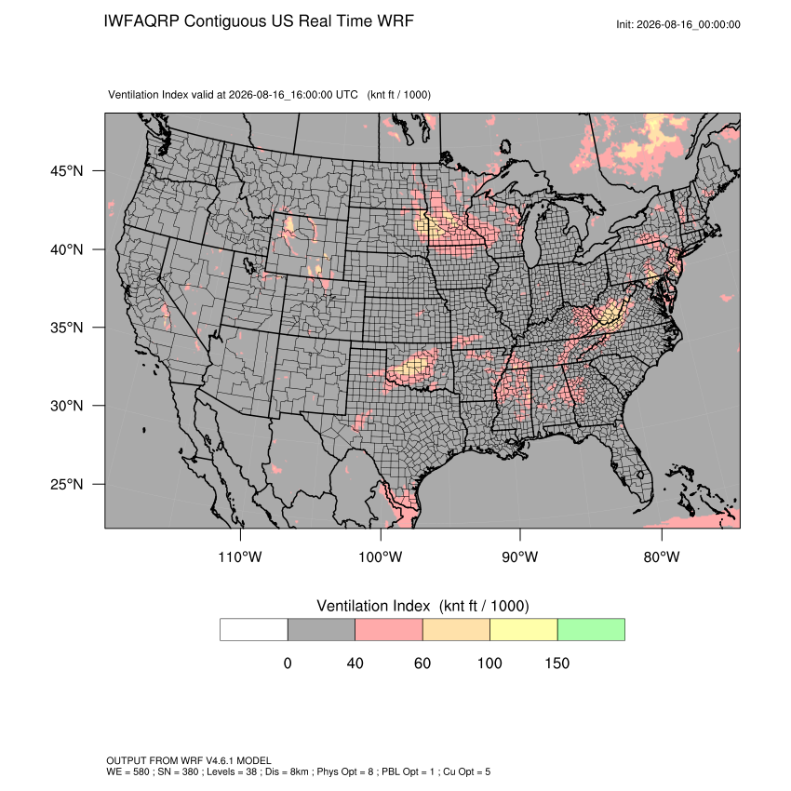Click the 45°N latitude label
pos(67,171)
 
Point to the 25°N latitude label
pos(67,484)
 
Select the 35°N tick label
pos(67,328)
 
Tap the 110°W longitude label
pos(240,556)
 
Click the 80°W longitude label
pos(662,556)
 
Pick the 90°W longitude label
pos(519,556)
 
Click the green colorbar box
pos(591,630)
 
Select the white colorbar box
pos(254,630)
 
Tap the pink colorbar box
pos(389,630)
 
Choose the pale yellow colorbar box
pos(524,630)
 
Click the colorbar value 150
pos(556,663)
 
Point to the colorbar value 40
pos(355,663)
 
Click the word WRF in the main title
pos(396,21)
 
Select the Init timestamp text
pos(678,24)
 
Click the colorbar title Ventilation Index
pos(373,606)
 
